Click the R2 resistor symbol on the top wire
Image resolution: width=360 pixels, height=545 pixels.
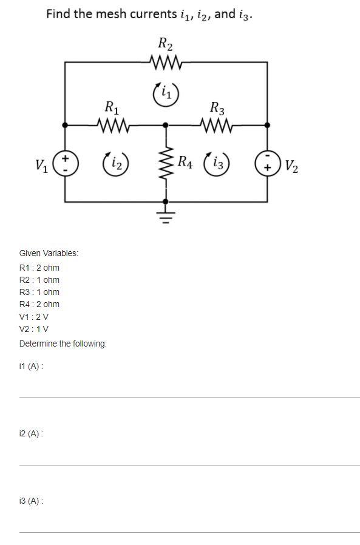[165, 61]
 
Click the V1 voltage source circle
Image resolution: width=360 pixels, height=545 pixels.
[65, 163]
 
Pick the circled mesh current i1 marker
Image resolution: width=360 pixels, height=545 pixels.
[165, 93]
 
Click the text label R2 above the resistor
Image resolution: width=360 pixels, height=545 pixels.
[165, 43]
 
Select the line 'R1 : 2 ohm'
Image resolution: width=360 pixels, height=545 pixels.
[39, 268]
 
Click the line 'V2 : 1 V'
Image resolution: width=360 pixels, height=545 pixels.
[34, 329]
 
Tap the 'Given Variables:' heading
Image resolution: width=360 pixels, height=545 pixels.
[49, 253]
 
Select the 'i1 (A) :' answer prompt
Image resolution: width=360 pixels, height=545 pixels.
[31, 366]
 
